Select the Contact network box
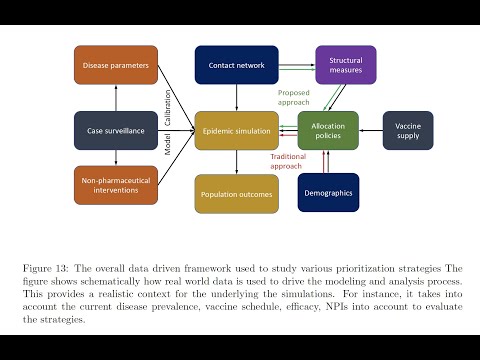236,66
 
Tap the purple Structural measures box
345,66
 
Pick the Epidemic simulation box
236,130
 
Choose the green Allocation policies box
328,130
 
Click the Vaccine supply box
408,130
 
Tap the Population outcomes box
236,193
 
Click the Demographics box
328,192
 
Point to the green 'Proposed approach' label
293,97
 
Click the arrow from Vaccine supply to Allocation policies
371,130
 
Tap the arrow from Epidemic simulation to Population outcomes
236,162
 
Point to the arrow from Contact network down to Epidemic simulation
236,98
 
